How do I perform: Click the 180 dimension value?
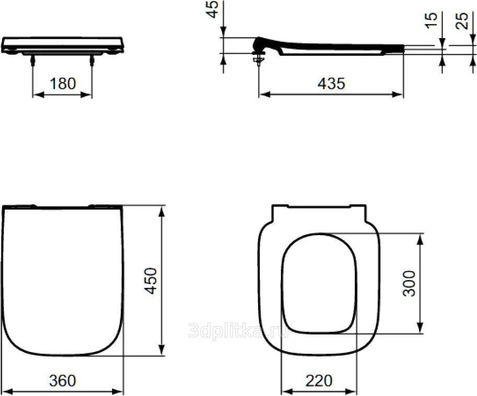(x=63, y=84)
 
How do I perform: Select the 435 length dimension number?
(x=331, y=84)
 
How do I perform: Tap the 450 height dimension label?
(x=150, y=281)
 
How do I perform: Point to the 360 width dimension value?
(x=62, y=381)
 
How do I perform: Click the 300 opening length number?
(x=409, y=284)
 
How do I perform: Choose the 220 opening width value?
(x=319, y=381)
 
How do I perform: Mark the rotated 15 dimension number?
(x=431, y=21)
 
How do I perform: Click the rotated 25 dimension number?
(x=461, y=21)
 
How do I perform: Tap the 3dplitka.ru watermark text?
(x=238, y=330)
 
